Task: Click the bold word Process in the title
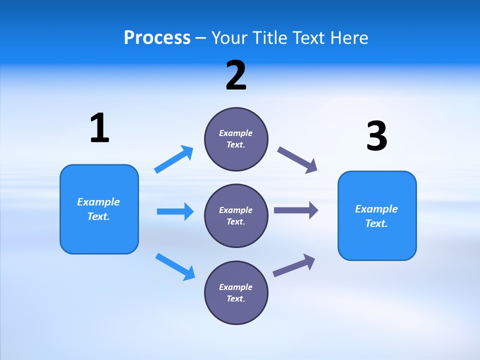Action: coord(157,38)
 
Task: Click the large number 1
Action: coord(99,128)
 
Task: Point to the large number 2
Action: coord(236,76)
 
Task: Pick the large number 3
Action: coord(376,136)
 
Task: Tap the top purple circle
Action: coord(236,139)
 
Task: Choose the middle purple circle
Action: coord(236,215)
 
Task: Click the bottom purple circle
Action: coord(236,292)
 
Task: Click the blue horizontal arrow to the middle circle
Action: coord(175,211)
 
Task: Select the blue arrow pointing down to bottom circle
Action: coord(175,266)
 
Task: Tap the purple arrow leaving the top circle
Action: coord(297,160)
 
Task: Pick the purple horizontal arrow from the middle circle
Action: coord(296,210)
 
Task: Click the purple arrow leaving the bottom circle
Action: coord(294,265)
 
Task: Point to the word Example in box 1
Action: coord(98,202)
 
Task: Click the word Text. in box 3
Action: coord(376,223)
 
